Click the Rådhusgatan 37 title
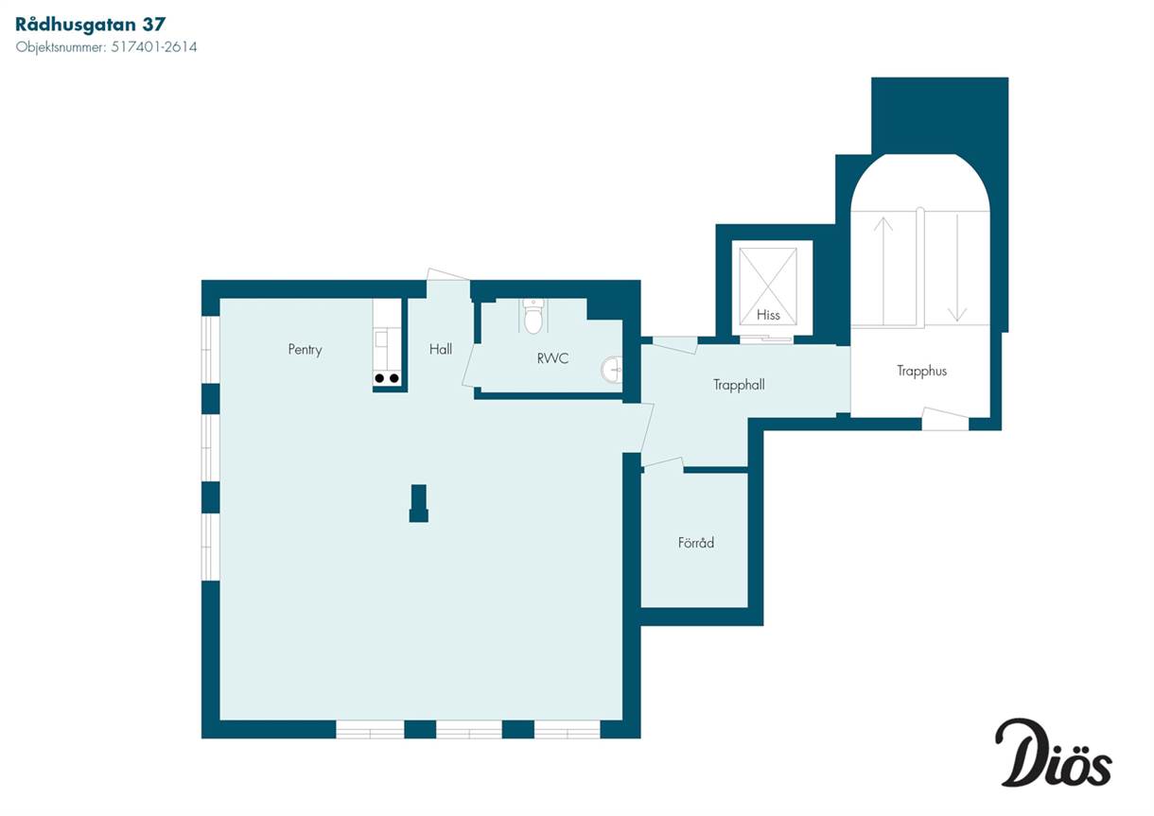pos(90,25)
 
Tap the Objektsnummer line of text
pos(106,47)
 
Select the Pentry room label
pos(305,350)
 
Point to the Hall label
pos(441,349)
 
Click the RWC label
pos(552,357)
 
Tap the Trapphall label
pos(739,385)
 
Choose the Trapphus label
pos(921,371)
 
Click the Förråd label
pos(696,542)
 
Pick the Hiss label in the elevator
pos(768,315)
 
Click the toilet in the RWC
pos(533,315)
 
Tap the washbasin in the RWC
pos(611,369)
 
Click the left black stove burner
pos(379,378)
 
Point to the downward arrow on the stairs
pos(957,269)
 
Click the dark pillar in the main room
pos(419,504)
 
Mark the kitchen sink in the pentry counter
pos(381,339)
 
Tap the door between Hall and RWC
pos(469,366)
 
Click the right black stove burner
pos(394,378)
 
